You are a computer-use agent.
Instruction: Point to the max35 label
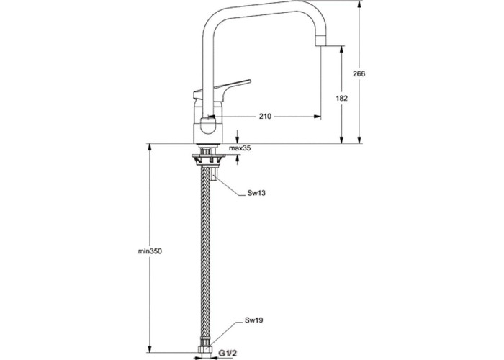click(240, 148)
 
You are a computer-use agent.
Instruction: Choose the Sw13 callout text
click(255, 194)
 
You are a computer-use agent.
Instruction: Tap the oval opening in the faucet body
click(209, 128)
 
